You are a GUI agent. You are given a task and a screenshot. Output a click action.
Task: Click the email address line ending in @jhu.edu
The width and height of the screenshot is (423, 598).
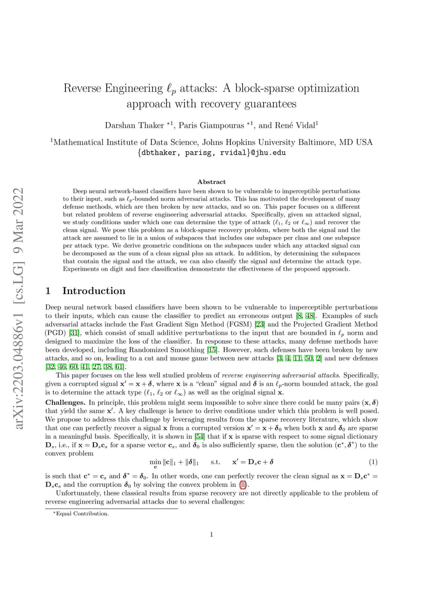pyautogui.click(x=211, y=152)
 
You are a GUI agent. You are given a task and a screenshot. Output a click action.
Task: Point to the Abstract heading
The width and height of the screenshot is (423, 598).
pyautogui.click(x=211, y=182)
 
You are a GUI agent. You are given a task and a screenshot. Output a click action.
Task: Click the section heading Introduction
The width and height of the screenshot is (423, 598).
pyautogui.click(x=93, y=291)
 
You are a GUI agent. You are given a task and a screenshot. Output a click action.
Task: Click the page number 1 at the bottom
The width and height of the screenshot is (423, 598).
pyautogui.click(x=211, y=535)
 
